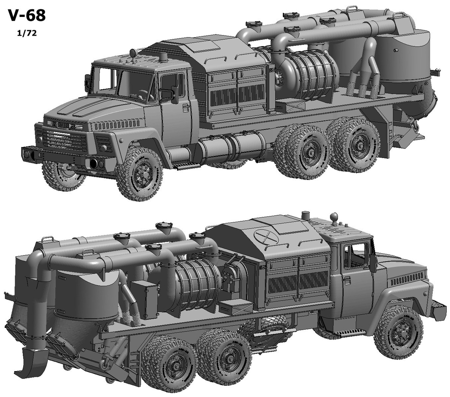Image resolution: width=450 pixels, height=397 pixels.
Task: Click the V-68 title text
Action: [27, 15]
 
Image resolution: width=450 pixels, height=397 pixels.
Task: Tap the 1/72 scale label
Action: [27, 33]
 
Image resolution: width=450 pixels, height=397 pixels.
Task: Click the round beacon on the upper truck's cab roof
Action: [133, 53]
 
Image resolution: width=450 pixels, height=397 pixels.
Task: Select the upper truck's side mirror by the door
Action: [174, 95]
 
